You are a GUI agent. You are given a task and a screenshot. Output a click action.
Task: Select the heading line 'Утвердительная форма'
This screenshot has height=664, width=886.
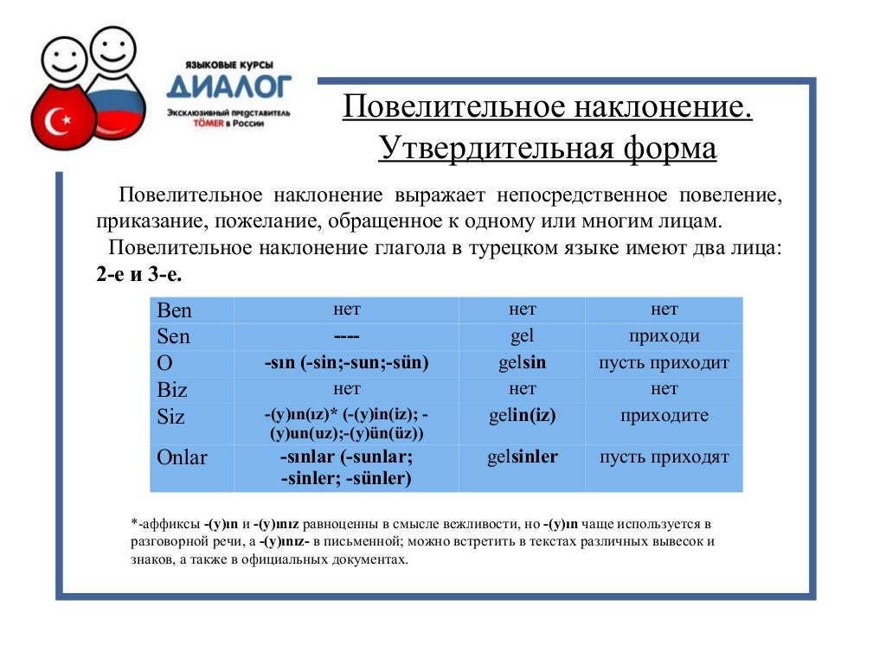click(x=547, y=148)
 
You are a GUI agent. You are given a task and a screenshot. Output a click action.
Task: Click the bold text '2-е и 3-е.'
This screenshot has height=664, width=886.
click(x=139, y=274)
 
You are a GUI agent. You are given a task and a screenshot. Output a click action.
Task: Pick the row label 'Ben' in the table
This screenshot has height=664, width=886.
click(x=175, y=310)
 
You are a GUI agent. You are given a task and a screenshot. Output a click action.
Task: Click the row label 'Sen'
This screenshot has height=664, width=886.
click(x=174, y=336)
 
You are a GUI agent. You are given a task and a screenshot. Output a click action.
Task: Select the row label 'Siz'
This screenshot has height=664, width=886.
click(x=171, y=417)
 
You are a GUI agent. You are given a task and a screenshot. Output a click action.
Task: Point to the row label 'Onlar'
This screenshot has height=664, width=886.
click(x=183, y=457)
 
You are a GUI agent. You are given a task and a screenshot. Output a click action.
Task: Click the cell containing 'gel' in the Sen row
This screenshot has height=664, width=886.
click(x=522, y=336)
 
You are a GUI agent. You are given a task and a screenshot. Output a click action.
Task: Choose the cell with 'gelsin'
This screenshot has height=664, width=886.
click(x=522, y=363)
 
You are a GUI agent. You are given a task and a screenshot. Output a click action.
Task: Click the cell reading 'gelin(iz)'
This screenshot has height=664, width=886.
click(x=522, y=416)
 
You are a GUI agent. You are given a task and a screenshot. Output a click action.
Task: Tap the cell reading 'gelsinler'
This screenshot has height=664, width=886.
click(x=522, y=457)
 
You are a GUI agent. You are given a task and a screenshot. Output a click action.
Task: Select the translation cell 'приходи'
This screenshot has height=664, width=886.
click(x=664, y=336)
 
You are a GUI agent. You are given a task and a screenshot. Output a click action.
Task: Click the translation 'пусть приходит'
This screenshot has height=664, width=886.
click(x=664, y=363)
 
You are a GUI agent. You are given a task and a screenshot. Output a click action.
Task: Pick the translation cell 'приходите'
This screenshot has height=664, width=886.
click(x=664, y=416)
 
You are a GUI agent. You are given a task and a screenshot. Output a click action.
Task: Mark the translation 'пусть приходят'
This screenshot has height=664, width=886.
click(x=664, y=457)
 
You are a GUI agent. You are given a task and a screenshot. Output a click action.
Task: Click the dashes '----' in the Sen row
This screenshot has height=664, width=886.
click(x=346, y=336)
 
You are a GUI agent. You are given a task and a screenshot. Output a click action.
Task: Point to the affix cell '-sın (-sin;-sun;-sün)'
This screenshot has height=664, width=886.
click(x=346, y=363)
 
